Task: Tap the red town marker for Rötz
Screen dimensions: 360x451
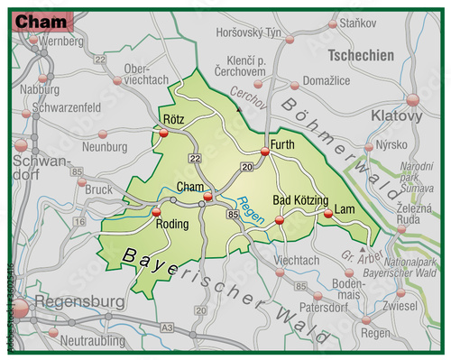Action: coord(164,134)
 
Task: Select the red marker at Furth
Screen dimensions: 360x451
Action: coord(265,152)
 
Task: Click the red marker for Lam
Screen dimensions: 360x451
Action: coord(328,214)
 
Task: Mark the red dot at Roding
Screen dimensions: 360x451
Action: coord(157,213)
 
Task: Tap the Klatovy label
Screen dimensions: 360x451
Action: coord(396,116)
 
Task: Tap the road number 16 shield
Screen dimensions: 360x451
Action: coord(80,220)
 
